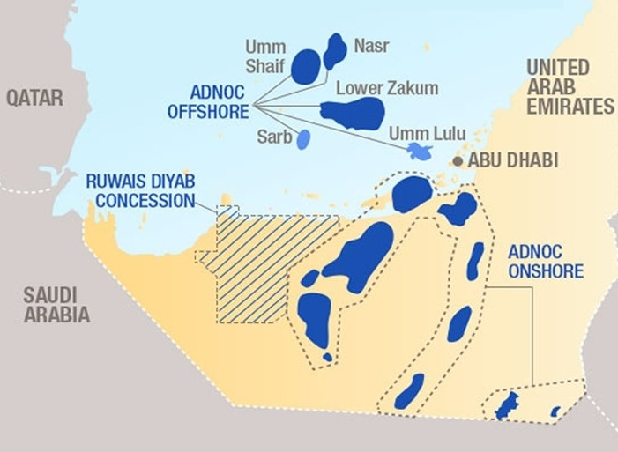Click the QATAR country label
click(35, 97)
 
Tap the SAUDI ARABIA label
click(56, 305)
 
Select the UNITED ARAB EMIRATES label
click(570, 87)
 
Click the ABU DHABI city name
click(513, 161)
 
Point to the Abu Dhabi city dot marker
click(458, 161)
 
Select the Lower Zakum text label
click(387, 88)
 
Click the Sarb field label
click(270, 137)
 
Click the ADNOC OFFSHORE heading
click(210, 101)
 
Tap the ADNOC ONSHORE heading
click(545, 262)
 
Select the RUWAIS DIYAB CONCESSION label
click(140, 191)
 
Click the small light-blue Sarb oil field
click(303, 139)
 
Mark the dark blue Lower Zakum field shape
click(353, 113)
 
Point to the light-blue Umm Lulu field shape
click(420, 152)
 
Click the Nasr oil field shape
click(334, 52)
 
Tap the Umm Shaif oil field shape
click(306, 66)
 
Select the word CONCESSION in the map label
click(145, 201)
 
